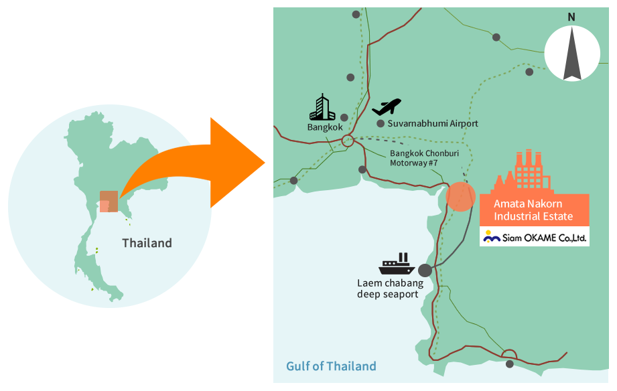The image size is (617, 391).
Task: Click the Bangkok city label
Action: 325,127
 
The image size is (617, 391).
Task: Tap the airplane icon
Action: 387,106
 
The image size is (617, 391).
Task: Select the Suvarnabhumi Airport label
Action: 433,124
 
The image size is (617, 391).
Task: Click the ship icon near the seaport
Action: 397,265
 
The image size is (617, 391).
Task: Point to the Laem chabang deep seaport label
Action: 390,289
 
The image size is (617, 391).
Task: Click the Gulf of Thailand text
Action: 331,366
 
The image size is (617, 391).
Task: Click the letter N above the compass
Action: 571,17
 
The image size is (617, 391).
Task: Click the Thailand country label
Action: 147,243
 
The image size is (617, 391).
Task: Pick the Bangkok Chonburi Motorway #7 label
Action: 415,158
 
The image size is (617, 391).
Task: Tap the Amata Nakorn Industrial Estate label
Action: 533,210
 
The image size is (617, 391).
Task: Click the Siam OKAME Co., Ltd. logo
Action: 535,236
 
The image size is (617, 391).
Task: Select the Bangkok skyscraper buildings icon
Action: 322,107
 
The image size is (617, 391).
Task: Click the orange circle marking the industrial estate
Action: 460,196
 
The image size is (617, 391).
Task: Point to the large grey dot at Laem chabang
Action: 425,270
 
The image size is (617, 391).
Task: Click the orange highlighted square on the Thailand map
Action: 109,202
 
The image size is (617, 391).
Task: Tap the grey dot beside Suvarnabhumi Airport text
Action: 381,124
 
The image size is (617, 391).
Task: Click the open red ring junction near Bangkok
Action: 348,141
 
